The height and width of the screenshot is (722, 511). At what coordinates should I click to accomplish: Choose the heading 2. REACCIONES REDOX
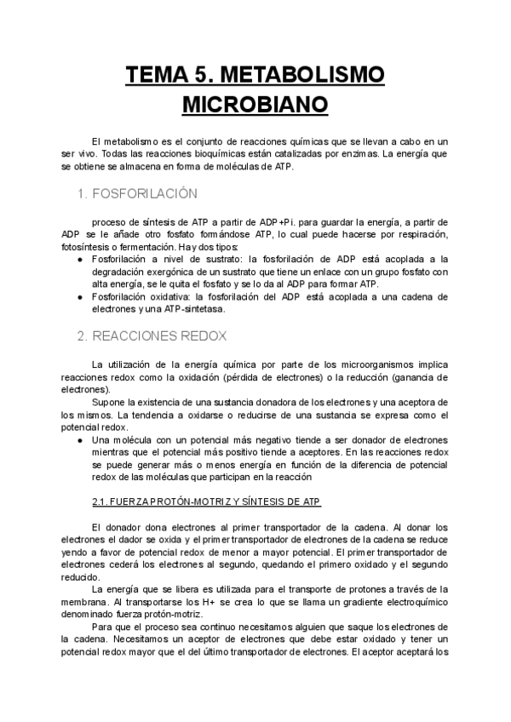151,335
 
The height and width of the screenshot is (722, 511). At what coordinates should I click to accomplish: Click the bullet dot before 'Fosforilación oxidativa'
79,296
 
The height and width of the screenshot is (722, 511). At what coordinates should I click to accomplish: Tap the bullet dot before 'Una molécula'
79,439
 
